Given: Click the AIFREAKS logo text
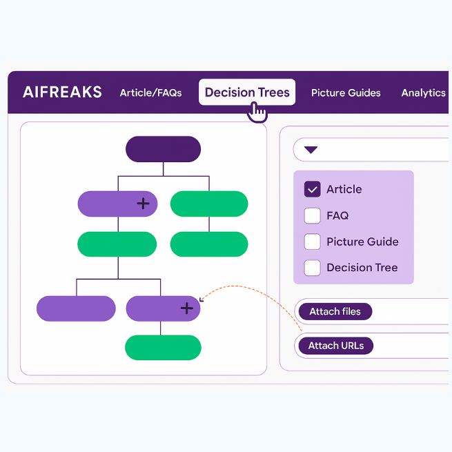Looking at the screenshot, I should (x=62, y=92).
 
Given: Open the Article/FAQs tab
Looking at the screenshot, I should (x=150, y=92).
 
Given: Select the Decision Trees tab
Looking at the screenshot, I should (x=247, y=92).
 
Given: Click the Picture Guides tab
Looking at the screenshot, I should (x=346, y=92).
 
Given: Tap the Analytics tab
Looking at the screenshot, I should (x=423, y=92).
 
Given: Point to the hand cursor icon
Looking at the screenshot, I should (x=257, y=112).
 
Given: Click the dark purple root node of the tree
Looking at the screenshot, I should (x=163, y=149).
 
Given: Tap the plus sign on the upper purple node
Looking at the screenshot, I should (x=143, y=203).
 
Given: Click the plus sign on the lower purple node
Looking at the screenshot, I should (x=186, y=308).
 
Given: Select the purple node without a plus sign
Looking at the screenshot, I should (x=76, y=308).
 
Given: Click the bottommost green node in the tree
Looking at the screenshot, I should (x=163, y=347).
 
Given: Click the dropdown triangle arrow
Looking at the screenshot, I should (x=311, y=150).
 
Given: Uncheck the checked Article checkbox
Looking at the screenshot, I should (x=313, y=189).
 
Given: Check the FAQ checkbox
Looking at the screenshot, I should (x=313, y=215).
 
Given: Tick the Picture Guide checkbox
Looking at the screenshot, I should (x=313, y=242).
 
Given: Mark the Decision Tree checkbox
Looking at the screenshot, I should (x=313, y=268).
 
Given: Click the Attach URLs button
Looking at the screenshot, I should (x=336, y=346).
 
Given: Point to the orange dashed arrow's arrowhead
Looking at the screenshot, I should (x=202, y=299).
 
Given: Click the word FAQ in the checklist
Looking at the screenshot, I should (x=337, y=215).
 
